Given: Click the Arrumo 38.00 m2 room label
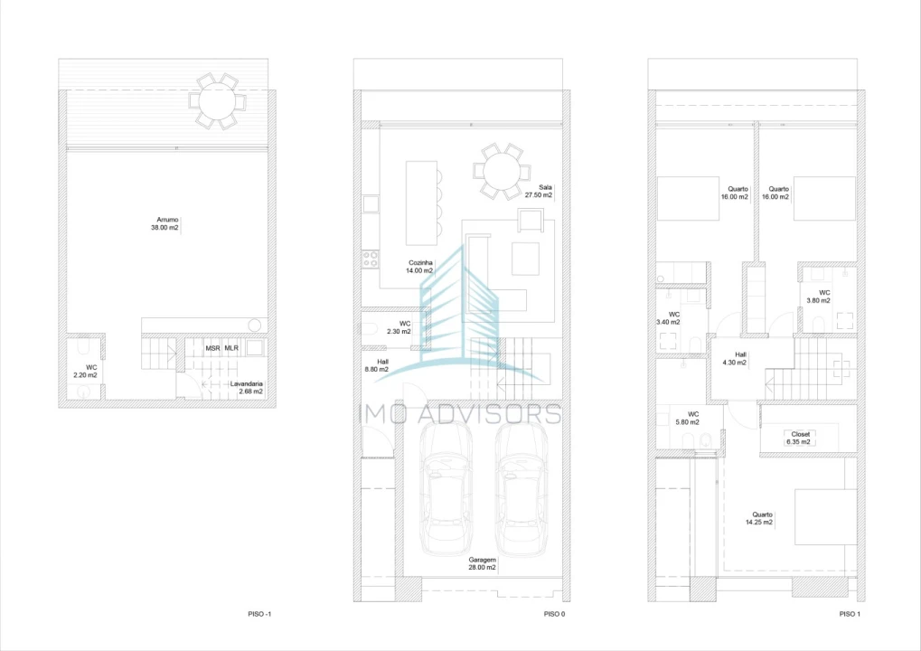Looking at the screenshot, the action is coord(165,223).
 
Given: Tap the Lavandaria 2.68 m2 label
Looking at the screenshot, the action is coord(247,388).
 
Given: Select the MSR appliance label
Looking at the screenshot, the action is coord(212,348).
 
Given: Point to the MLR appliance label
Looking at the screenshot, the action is coord(231,348).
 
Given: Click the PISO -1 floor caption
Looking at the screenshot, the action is coord(259,614).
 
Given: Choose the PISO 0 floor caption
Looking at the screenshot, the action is coord(554,614).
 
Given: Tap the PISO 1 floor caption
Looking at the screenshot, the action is coord(850,614).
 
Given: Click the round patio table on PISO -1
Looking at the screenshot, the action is coord(217,101).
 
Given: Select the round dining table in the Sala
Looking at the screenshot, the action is coord(502,171).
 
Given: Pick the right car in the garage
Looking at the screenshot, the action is coord(522,489).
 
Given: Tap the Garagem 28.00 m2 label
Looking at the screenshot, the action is coord(483,564).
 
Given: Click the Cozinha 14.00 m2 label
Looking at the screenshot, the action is coord(419,267).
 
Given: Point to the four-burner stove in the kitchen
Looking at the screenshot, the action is coord(371,259).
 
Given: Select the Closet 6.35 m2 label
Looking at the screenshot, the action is coord(799,439).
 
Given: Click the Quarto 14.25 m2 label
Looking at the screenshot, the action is coord(759,518).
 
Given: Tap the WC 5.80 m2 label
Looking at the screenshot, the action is coord(688,419).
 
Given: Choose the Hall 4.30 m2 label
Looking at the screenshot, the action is coord(735,358).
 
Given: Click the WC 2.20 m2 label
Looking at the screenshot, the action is coord(86,372).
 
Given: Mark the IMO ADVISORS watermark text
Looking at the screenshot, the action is coord(460,414).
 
